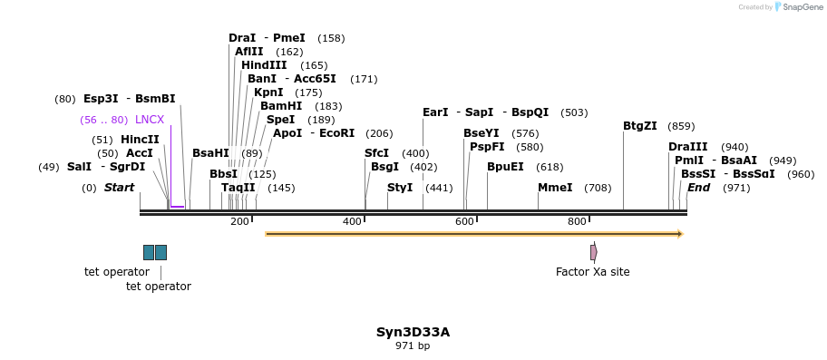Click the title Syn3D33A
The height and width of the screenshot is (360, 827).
[413, 332]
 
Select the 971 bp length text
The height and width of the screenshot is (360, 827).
[413, 345]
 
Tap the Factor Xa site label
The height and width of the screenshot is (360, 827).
[592, 271]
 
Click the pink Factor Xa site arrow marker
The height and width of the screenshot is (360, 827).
[593, 252]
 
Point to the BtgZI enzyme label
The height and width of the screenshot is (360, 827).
[639, 126]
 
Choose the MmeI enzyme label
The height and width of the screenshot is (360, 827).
[555, 188]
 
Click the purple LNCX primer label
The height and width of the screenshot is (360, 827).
[150, 120]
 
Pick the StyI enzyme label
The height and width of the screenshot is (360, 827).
[400, 188]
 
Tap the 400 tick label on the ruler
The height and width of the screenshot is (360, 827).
[352, 221]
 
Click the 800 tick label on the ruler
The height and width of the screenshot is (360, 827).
[577, 221]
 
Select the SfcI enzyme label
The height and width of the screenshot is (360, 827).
[376, 153]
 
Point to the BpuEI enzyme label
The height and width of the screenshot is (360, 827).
[505, 167]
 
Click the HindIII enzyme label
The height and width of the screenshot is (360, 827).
[264, 65]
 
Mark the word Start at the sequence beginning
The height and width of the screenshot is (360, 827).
[119, 188]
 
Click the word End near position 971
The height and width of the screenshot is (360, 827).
[698, 188]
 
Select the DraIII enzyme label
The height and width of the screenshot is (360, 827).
[687, 147]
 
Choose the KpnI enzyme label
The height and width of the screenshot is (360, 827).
[268, 92]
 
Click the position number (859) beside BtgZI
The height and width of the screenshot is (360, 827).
[681, 126]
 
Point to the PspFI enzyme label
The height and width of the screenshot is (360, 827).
[487, 147]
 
